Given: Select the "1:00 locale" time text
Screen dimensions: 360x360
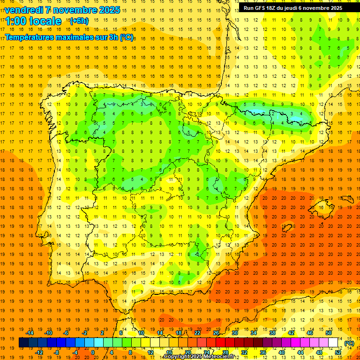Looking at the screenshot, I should (x=33, y=21).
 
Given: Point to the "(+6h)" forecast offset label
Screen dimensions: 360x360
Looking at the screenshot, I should (x=78, y=21).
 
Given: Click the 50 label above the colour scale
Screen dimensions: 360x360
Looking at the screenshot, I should (x=329, y=332).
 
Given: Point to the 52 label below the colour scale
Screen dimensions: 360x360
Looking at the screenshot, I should (x=338, y=352).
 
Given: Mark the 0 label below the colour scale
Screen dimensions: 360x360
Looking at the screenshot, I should (x=93, y=352).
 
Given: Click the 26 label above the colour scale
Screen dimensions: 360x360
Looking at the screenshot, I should (x=216, y=332).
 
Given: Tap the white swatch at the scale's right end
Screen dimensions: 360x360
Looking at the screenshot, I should (x=333, y=343).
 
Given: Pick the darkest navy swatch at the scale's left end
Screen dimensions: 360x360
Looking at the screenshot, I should (x=24, y=343).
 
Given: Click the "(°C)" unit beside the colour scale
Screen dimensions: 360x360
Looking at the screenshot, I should (x=349, y=343).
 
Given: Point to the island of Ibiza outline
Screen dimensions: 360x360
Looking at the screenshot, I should (x=286, y=229).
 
